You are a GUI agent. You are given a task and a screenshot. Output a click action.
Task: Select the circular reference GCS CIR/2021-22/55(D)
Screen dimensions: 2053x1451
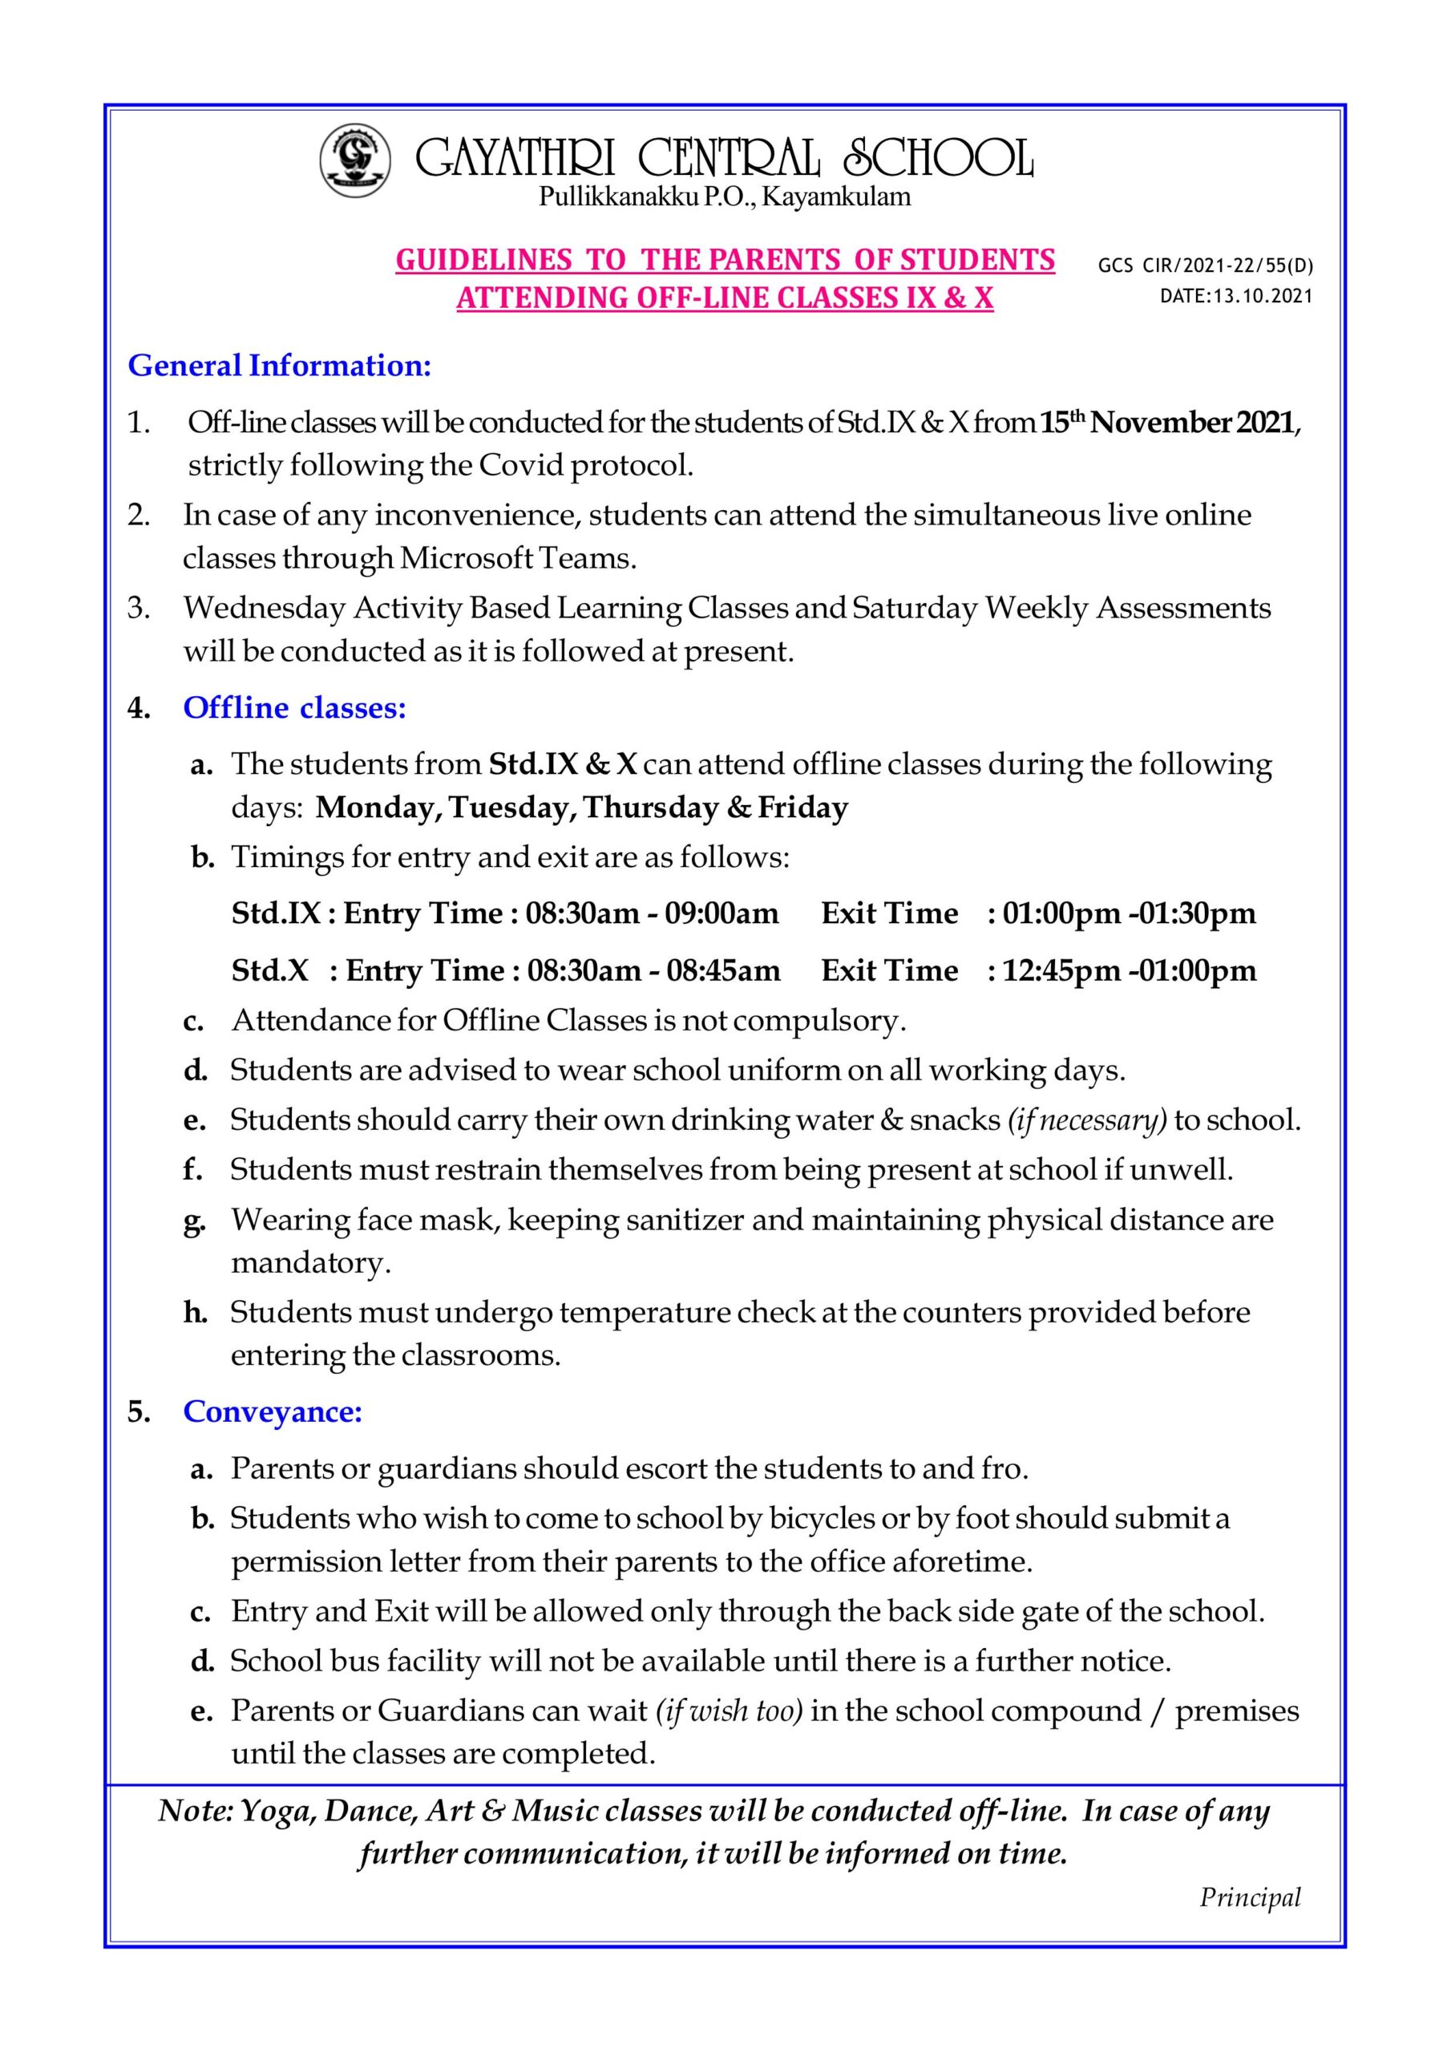click(x=1205, y=265)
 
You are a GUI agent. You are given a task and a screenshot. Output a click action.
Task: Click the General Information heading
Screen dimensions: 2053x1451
click(x=280, y=366)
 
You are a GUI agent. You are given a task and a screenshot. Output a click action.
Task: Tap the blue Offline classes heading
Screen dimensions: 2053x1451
click(x=294, y=707)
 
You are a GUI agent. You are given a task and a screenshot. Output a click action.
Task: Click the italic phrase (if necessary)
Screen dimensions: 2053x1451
click(x=1087, y=1120)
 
